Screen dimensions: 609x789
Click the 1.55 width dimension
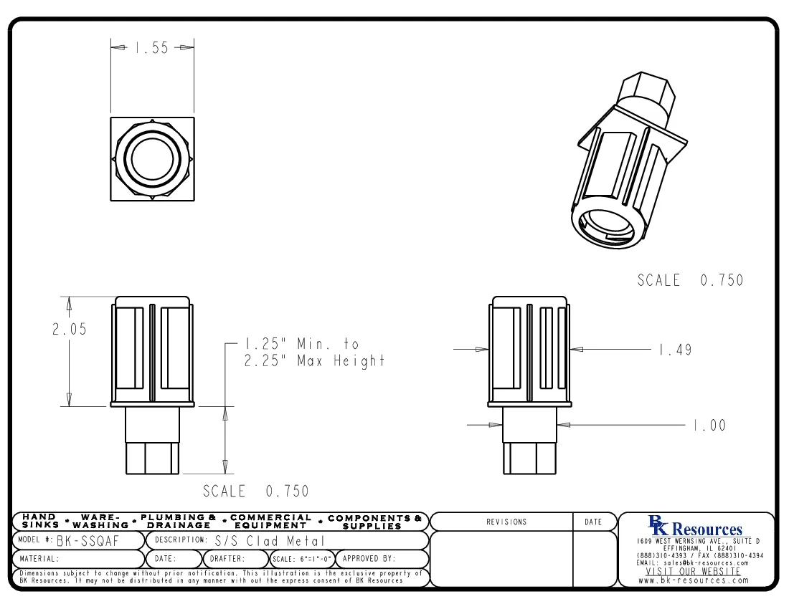click(151, 48)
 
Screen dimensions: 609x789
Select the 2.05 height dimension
click(69, 330)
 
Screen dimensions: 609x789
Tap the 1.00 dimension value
click(709, 426)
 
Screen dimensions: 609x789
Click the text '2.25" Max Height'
click(314, 361)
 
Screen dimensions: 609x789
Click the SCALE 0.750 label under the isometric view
click(690, 280)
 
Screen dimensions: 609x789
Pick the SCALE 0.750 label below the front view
click(256, 491)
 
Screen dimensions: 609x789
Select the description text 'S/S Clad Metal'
click(270, 540)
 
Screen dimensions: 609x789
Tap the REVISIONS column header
click(506, 522)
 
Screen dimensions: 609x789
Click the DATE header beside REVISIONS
click(593, 522)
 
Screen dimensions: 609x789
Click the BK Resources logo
click(695, 527)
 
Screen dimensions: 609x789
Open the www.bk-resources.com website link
click(694, 580)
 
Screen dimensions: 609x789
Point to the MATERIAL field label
click(39, 559)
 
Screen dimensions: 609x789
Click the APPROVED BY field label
click(369, 558)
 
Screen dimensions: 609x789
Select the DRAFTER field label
click(227, 559)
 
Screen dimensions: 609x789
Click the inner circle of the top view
click(152, 158)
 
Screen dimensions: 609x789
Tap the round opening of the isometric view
click(609, 229)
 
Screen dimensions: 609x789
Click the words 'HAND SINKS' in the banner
click(40, 521)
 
